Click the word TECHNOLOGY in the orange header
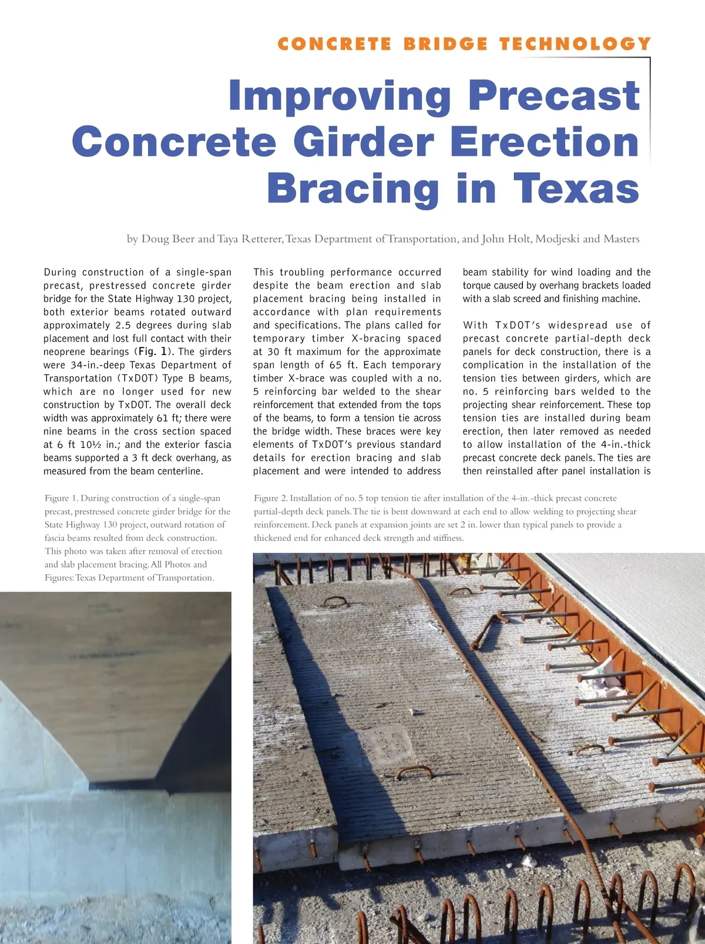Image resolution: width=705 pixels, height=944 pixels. tap(575, 44)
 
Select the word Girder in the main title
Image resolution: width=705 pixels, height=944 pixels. tap(363, 143)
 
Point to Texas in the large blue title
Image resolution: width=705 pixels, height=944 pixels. tap(576, 189)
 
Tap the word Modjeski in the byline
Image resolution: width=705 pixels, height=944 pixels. tap(558, 239)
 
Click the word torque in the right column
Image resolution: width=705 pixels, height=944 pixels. tap(479, 286)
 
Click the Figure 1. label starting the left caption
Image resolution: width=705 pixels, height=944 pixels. tap(61, 498)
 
